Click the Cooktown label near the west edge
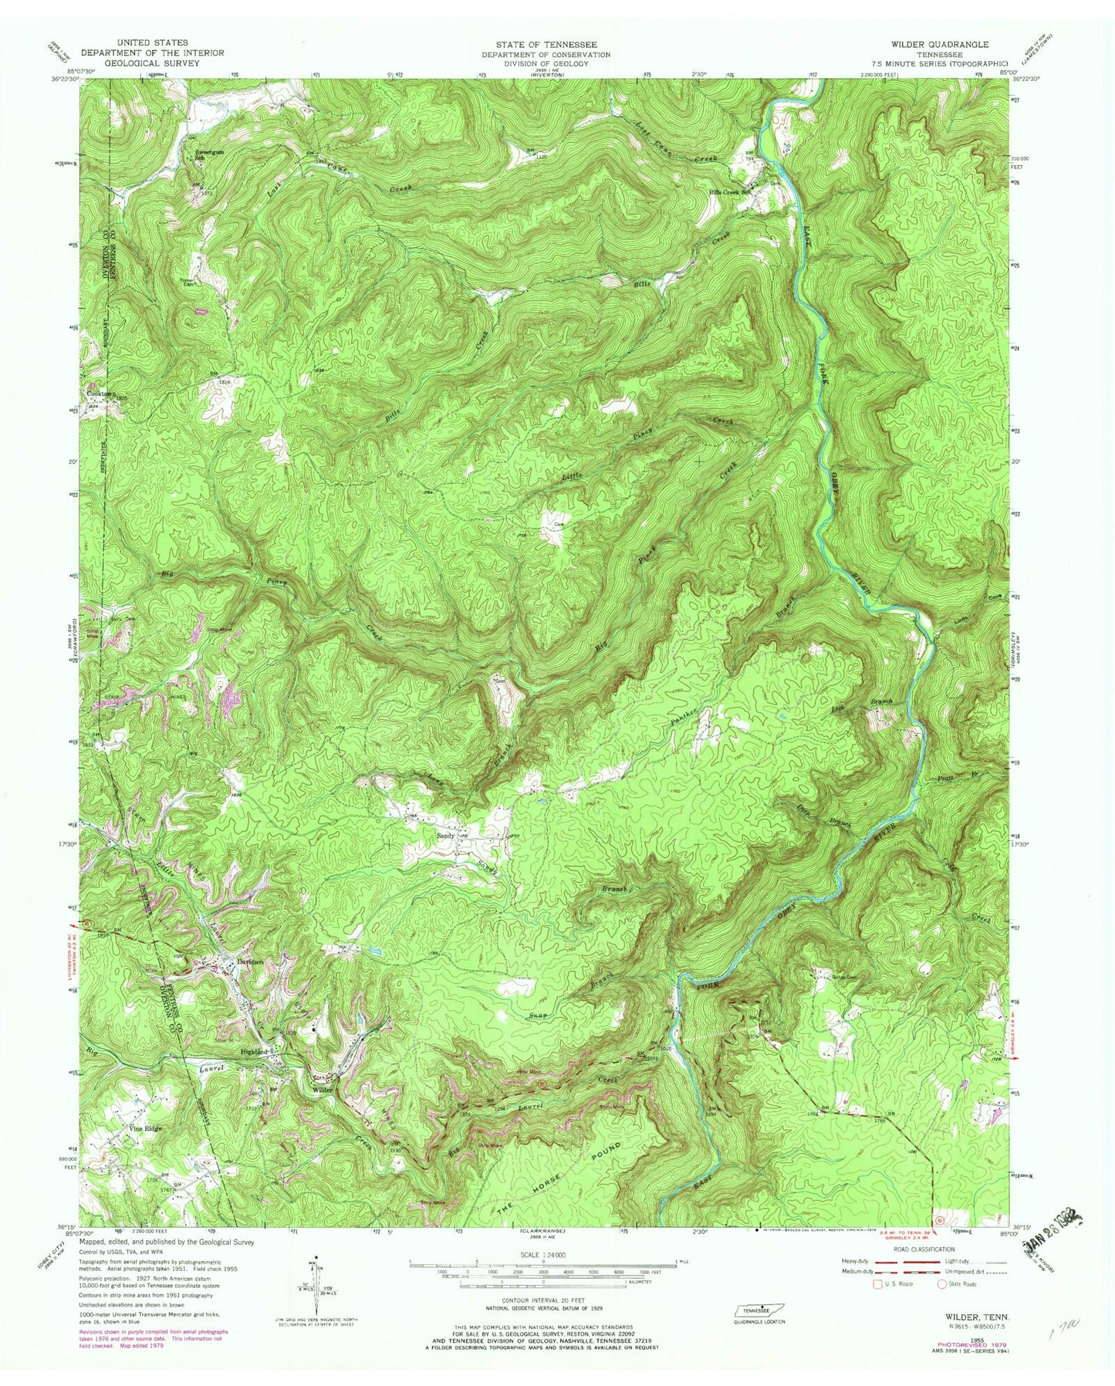(x=101, y=393)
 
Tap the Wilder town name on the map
(x=322, y=1089)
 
